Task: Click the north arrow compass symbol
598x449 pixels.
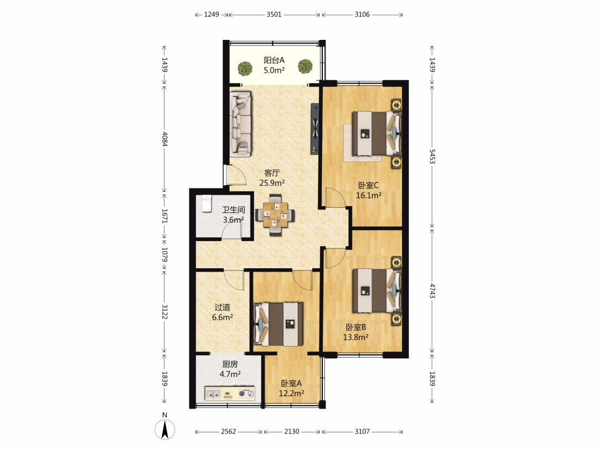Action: pos(165,429)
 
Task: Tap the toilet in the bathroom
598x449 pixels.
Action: pos(206,203)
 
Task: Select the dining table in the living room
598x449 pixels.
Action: pos(275,215)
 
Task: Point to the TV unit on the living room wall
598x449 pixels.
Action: pos(315,128)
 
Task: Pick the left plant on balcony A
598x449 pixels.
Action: pos(245,68)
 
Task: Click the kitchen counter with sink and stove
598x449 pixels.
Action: pos(230,393)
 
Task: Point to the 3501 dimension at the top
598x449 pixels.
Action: pos(274,14)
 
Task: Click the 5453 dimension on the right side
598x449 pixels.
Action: pos(432,156)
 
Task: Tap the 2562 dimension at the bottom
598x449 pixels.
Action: pos(229,431)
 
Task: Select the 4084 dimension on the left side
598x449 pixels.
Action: pos(165,139)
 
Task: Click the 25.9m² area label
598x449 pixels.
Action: pos(272,183)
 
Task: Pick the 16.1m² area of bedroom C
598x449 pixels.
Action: pos(369,196)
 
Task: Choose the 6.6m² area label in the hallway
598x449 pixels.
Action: pos(223,317)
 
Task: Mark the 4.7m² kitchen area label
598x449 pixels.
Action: pos(230,374)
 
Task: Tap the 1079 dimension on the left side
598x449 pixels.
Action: pos(165,255)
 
